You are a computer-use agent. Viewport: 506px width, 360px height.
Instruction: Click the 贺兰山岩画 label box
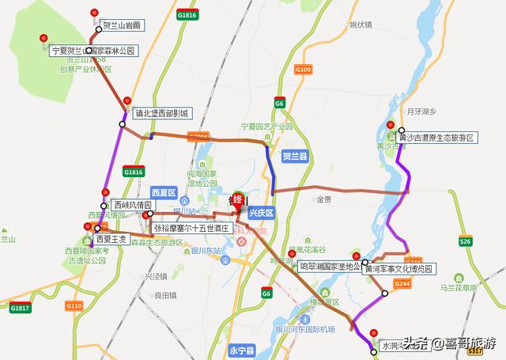(x=121, y=25)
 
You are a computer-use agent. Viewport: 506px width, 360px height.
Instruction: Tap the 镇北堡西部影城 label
(x=161, y=114)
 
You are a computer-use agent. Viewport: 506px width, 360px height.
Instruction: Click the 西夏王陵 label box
(x=111, y=238)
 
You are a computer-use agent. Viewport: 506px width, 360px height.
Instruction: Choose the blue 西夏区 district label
(x=162, y=192)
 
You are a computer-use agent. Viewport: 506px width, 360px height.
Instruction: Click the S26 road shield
(x=465, y=241)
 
